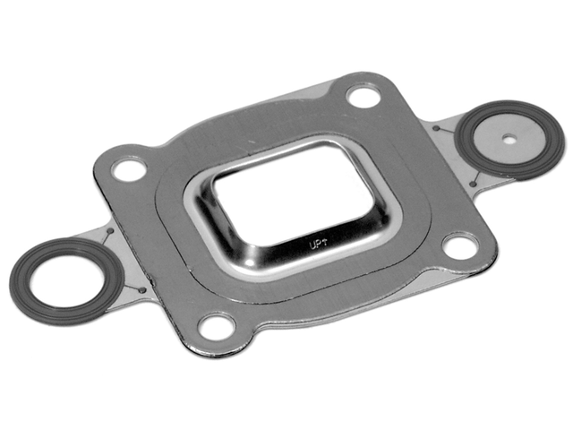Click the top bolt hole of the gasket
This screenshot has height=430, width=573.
(x=363, y=95)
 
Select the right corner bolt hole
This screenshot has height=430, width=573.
(x=459, y=245)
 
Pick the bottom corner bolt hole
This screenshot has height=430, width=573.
(x=217, y=326)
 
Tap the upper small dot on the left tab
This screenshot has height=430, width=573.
(x=109, y=233)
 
